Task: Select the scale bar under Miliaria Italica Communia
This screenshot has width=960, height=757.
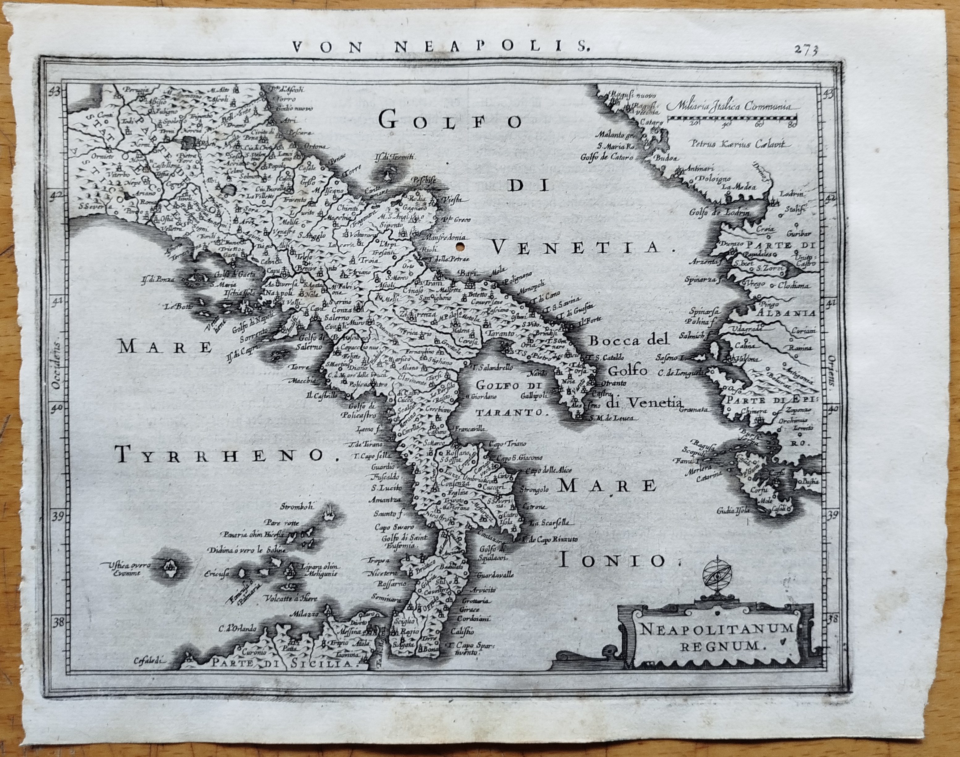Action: (732, 118)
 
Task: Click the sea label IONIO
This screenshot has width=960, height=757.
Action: (612, 561)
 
